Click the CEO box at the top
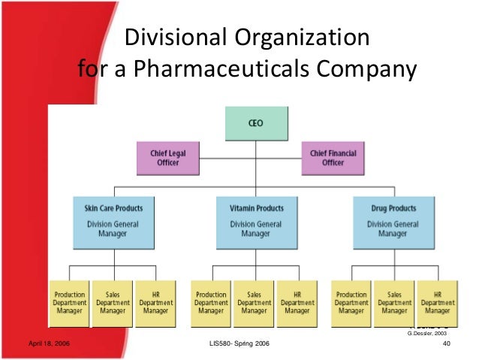coord(255,124)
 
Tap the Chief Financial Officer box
coord(333,158)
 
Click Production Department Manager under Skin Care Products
coord(68,303)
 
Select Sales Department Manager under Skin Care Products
coord(112,303)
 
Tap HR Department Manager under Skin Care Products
coord(155,303)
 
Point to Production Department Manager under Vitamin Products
coord(210,303)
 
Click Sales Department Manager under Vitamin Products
coord(254,303)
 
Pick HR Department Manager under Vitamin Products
coord(297,303)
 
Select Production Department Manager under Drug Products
coord(352,303)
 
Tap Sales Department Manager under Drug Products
coord(395,303)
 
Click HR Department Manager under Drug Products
coord(438,303)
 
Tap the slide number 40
coord(447,344)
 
